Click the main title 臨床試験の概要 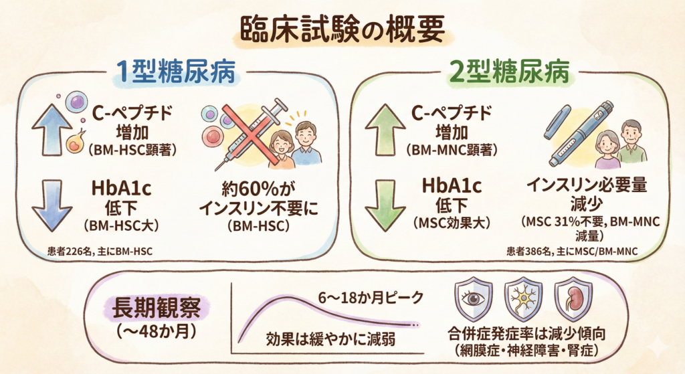point(342,31)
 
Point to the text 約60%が point(260,190)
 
